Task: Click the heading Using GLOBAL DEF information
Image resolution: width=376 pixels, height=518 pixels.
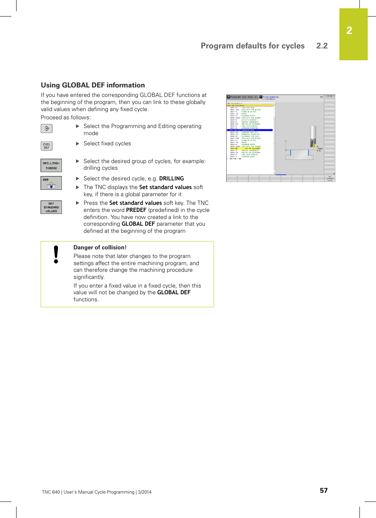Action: (93, 85)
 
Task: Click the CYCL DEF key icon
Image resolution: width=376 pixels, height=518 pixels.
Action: (47, 146)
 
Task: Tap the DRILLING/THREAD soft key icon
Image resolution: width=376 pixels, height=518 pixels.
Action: (51, 165)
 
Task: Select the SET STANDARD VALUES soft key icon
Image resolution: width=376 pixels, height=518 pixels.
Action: (51, 207)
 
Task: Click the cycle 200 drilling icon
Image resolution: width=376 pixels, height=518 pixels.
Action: (51, 183)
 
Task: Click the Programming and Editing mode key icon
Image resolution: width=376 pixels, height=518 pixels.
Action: (47, 128)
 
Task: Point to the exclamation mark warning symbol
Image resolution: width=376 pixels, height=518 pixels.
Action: (56, 254)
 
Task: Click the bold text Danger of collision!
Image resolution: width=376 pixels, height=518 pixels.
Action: (100, 247)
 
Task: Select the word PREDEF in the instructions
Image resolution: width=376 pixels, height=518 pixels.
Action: (136, 210)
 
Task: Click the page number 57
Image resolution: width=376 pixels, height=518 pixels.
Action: (324, 490)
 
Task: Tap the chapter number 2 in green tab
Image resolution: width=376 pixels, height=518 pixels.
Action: (349, 31)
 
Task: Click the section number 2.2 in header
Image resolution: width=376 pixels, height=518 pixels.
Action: (322, 46)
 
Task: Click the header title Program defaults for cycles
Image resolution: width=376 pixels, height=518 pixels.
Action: (252, 46)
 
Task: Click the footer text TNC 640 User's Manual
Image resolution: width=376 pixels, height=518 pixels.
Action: (97, 492)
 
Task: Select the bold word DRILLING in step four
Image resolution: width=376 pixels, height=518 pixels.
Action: (171, 178)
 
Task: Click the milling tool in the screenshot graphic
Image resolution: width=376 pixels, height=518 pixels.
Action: (313, 136)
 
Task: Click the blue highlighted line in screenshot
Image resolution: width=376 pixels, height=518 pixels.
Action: (249, 130)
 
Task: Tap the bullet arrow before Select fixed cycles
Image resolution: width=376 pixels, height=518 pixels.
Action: (78, 143)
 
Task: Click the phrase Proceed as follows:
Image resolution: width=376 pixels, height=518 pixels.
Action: (66, 117)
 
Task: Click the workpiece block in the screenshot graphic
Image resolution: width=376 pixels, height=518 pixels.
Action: (300, 155)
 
